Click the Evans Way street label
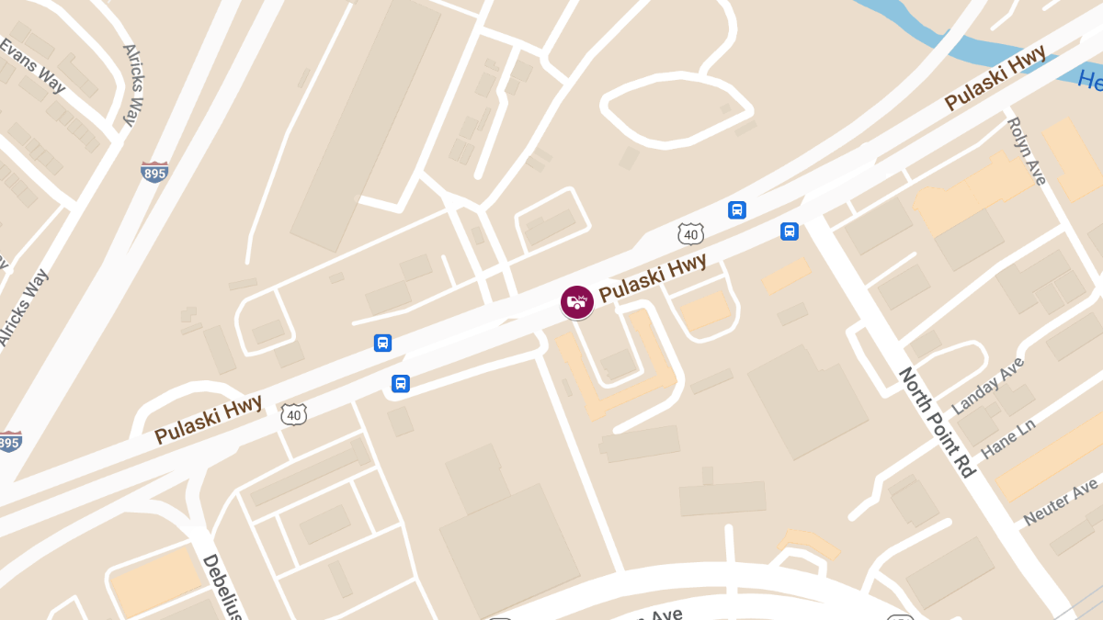point(34,66)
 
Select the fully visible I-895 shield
point(154,172)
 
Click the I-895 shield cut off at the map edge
point(8,442)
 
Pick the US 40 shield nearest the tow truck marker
point(691,233)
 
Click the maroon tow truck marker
point(577,301)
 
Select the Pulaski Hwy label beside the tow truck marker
point(653,277)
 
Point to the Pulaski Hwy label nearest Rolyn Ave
point(995,81)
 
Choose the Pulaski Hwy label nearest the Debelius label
point(208,419)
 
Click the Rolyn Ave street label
point(1027,151)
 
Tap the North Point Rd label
point(935,422)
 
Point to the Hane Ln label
point(1008,437)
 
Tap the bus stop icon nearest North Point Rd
point(789,231)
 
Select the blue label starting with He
point(1090,80)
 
